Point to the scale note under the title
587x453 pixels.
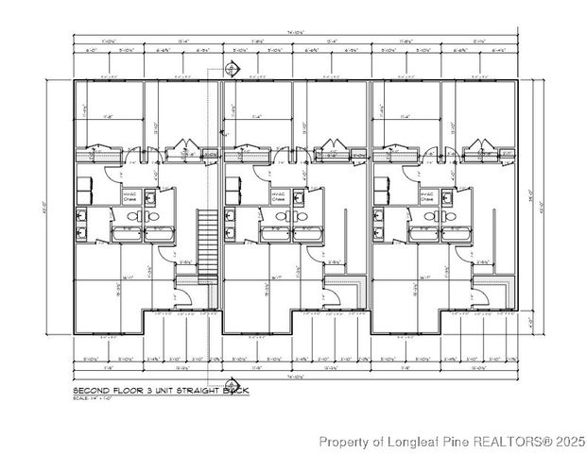coord(94,396)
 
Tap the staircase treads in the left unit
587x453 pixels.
coord(207,241)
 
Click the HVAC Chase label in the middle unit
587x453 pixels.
coord(280,196)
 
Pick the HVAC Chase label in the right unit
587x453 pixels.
coord(427,196)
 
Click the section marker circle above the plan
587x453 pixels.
coord(233,67)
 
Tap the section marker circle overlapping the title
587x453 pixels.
coord(233,384)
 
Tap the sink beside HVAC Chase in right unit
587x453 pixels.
coord(446,196)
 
